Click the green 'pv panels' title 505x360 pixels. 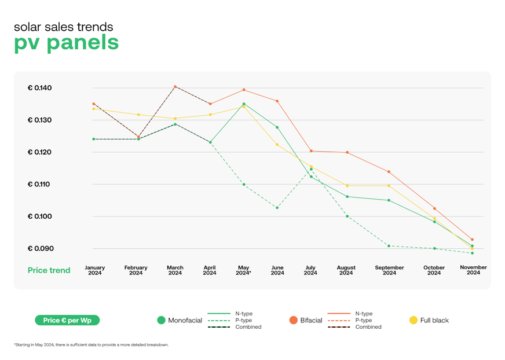(66, 43)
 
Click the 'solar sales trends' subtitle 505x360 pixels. (63, 27)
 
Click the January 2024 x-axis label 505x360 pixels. (94, 270)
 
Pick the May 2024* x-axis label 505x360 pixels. (243, 270)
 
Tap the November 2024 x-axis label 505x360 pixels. (473, 270)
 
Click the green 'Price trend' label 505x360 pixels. (49, 270)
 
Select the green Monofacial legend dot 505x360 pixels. (162, 320)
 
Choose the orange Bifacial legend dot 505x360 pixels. (294, 320)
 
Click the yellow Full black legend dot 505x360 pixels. (413, 320)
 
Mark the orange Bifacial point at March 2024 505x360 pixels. (175, 87)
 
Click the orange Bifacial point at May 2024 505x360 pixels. (244, 90)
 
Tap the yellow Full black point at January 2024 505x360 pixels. (94, 109)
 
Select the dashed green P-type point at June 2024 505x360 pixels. (277, 207)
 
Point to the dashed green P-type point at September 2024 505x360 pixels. (389, 246)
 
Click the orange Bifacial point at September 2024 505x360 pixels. (389, 172)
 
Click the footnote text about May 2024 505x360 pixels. (91, 345)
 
